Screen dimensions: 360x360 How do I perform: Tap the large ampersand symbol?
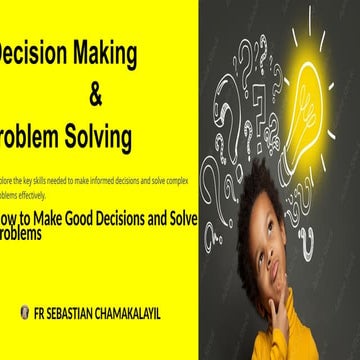pos(96,97)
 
